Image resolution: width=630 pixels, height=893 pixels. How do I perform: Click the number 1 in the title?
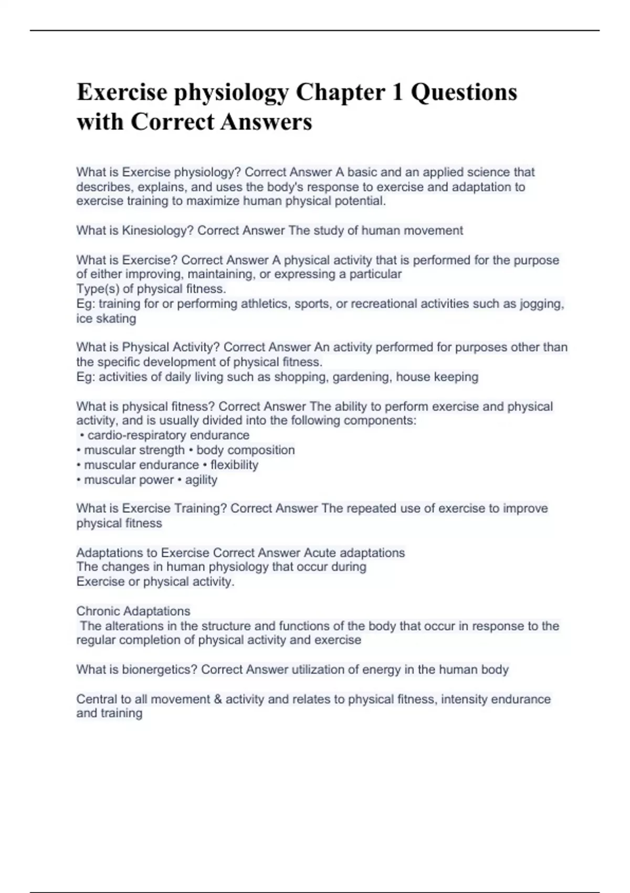coord(397,92)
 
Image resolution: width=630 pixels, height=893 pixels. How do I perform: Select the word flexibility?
coord(234,465)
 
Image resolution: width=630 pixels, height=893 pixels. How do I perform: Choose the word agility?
coord(201,480)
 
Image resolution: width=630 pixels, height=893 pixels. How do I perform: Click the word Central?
coord(97,699)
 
